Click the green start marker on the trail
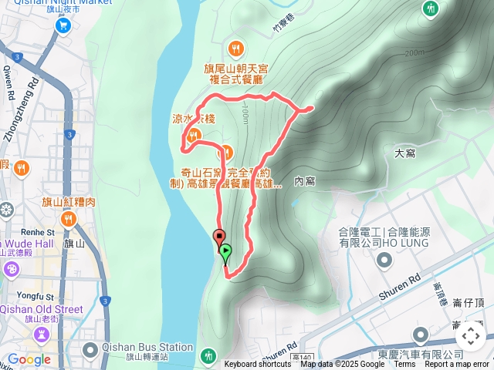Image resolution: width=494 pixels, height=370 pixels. (225, 251)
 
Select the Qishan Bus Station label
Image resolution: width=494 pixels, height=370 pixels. (147, 347)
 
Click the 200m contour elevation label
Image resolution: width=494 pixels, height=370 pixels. (414, 52)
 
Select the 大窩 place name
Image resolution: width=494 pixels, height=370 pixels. (405, 153)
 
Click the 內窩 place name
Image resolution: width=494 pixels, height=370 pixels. (305, 180)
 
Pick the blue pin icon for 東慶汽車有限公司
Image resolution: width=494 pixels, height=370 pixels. (421, 335)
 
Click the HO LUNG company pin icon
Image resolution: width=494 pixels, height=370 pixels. (386, 261)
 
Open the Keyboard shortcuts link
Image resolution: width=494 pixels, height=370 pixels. (258, 364)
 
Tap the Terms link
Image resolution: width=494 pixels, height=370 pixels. (404, 364)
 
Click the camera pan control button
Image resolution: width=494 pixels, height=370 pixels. (470, 336)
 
